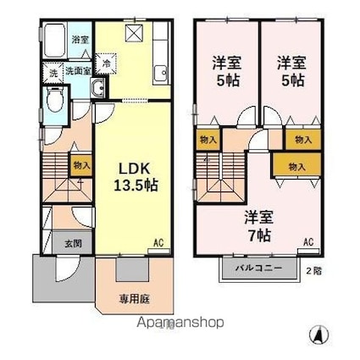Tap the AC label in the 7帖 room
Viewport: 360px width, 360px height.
pos(307,243)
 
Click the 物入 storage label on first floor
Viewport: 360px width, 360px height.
pos(81,167)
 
